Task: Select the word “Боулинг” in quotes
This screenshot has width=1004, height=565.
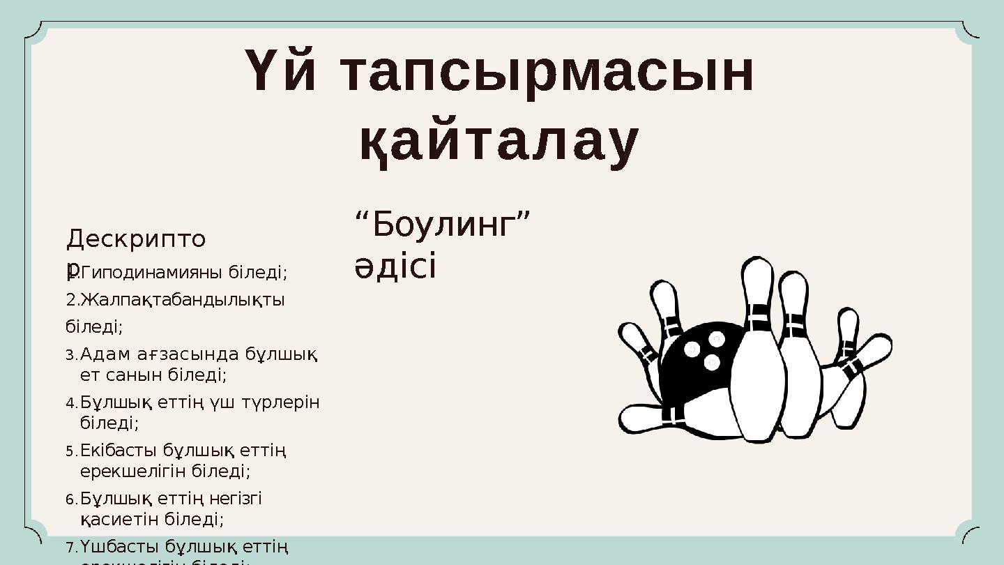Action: pos(442,225)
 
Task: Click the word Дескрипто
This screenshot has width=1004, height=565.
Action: pos(136,239)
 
